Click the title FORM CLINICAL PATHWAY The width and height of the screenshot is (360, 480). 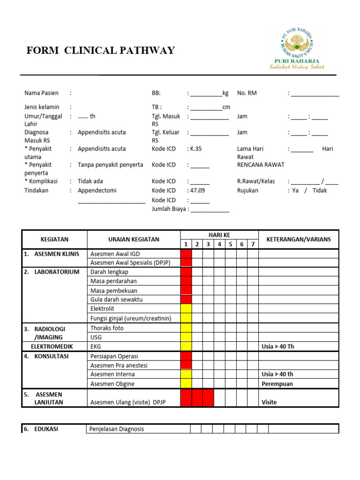[101, 51]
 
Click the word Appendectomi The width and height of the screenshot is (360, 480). [97, 190]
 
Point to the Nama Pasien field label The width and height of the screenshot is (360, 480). [41, 93]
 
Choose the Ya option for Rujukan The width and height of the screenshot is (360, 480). [295, 190]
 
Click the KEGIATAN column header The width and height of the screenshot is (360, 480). [54, 239]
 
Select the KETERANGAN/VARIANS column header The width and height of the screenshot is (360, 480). [299, 239]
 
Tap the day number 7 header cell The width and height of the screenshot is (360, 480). [253, 244]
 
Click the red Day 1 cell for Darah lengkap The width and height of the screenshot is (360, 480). [186, 272]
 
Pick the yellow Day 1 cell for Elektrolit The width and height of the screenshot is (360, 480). [186, 309]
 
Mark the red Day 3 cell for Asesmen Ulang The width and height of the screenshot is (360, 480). [208, 398]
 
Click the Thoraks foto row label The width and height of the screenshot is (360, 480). [107, 328]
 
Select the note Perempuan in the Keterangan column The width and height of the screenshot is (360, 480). [277, 383]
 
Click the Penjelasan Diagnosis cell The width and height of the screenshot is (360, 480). [117, 429]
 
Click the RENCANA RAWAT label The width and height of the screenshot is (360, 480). [261, 165]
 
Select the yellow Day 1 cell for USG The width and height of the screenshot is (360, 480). [186, 337]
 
